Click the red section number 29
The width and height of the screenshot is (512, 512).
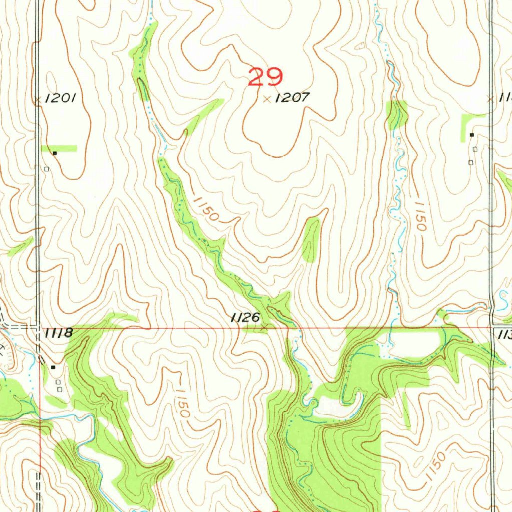click(265, 77)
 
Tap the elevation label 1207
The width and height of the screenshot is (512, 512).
click(292, 98)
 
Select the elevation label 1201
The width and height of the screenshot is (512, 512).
click(60, 98)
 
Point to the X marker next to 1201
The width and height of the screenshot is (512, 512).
click(37, 100)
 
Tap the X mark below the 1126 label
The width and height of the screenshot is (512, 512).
click(264, 328)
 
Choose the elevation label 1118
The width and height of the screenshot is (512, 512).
click(59, 333)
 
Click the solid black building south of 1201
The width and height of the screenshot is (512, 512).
click(55, 153)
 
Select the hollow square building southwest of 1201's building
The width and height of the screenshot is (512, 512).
click(46, 169)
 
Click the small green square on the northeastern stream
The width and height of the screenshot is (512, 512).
click(397, 114)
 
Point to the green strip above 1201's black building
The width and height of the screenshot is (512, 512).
click(59, 148)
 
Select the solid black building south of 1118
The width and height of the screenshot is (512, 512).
click(53, 367)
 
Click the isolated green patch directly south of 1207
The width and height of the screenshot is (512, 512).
click(310, 240)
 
